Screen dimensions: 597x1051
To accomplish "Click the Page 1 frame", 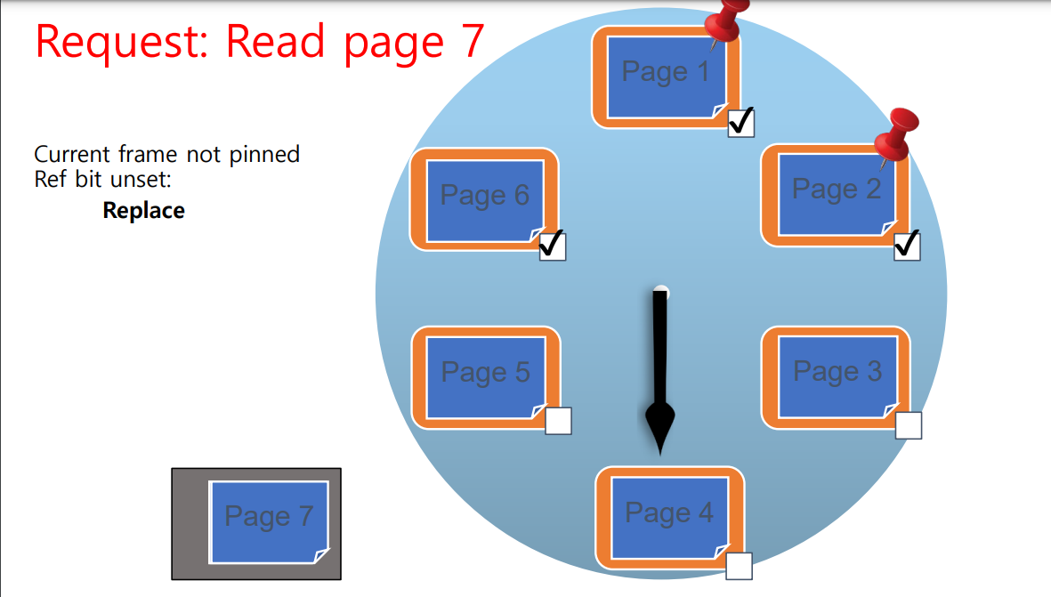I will click(666, 77).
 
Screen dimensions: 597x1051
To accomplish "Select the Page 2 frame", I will click(836, 195).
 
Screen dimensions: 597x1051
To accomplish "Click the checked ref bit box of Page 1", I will click(740, 123).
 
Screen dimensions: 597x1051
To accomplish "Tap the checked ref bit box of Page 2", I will click(907, 246).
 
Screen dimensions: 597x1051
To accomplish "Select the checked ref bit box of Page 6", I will click(553, 246).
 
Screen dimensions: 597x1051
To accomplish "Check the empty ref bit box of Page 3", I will click(908, 425).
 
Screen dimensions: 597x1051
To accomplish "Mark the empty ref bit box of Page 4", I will click(739, 566).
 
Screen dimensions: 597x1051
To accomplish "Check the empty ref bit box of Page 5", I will click(558, 421).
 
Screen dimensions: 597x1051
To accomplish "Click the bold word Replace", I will click(143, 211).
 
